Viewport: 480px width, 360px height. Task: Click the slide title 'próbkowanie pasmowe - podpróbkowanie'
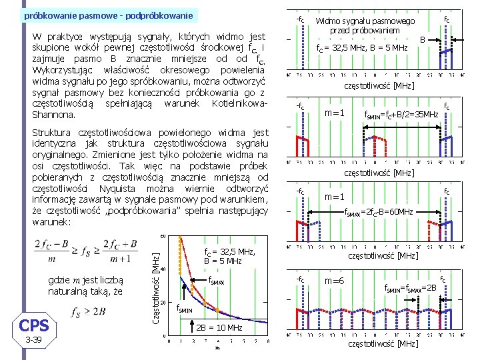(x=108, y=15)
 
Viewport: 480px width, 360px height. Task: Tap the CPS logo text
(x=33, y=326)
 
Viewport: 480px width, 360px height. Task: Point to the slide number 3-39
(x=33, y=340)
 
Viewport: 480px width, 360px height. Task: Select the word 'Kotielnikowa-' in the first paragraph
(x=239, y=104)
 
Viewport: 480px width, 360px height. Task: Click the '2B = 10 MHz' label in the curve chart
(x=219, y=327)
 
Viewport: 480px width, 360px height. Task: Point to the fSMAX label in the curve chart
(x=217, y=280)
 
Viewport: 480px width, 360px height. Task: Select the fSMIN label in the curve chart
(x=186, y=308)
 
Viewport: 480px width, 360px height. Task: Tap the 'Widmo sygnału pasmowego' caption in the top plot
(x=364, y=22)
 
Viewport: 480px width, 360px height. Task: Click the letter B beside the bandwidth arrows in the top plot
(x=422, y=40)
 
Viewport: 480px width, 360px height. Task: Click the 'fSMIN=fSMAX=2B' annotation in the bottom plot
(x=411, y=288)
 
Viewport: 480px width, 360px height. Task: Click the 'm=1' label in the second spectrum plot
(x=333, y=112)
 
